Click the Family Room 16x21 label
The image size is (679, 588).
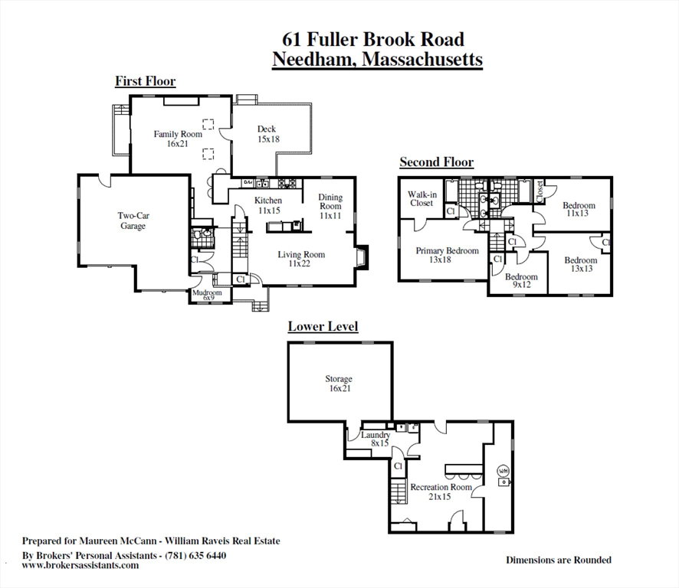tap(178, 139)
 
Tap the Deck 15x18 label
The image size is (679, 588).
tap(268, 134)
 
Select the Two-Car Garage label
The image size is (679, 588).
tap(133, 220)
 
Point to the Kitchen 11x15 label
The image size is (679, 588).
tap(268, 205)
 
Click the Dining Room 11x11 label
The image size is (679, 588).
tap(330, 207)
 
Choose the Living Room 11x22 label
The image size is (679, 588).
tap(301, 259)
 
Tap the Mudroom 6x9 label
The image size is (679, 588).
tap(208, 295)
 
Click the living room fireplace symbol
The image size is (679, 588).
tap(361, 258)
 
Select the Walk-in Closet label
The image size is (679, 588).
tap(422, 198)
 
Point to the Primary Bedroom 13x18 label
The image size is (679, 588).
tap(447, 255)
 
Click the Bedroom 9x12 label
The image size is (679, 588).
tap(521, 280)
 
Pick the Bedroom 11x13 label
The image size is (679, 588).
tap(579, 209)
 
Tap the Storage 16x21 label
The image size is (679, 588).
tap(339, 384)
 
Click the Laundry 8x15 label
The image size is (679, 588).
tap(376, 439)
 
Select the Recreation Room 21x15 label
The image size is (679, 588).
tap(441, 492)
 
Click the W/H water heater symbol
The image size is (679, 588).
tap(504, 471)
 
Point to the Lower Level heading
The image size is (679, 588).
tap(323, 326)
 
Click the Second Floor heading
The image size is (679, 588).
tap(437, 162)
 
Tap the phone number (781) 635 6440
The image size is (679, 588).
tap(195, 555)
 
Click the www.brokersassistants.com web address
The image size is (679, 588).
tap(80, 565)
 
